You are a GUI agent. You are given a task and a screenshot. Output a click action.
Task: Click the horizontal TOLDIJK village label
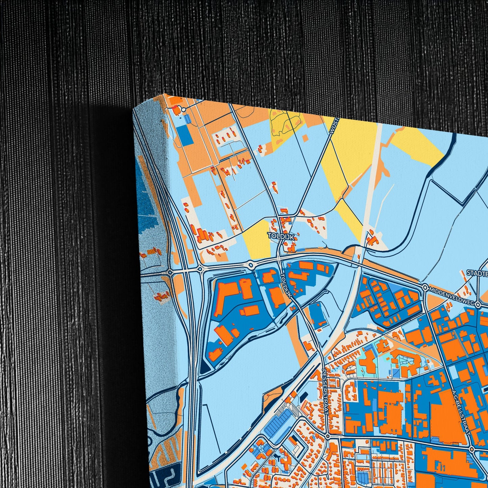tap(280, 235)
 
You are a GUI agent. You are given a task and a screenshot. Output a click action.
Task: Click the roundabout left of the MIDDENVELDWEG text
tap(425, 288)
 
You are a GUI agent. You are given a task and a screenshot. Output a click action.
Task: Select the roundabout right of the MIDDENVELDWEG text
tap(478, 305)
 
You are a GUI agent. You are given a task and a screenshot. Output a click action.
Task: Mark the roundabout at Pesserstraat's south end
tap(328, 436)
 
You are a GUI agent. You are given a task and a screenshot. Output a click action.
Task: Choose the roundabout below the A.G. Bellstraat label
tap(472, 449)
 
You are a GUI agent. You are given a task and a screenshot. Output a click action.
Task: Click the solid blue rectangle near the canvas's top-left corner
tap(184, 136)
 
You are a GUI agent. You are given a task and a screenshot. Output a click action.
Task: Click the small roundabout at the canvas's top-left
tap(183, 109)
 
